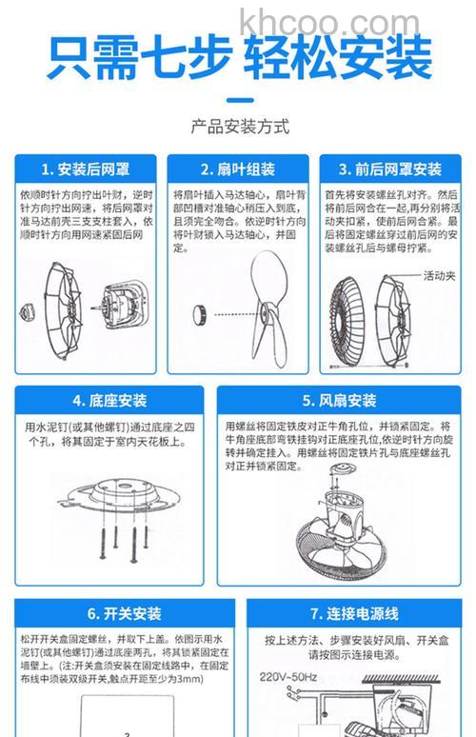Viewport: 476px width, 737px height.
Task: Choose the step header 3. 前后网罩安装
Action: tap(390, 169)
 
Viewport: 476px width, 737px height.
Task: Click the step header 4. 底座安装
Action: tap(109, 401)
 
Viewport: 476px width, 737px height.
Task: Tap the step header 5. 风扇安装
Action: tap(339, 401)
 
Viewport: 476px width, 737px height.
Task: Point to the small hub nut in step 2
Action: tap(201, 311)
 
